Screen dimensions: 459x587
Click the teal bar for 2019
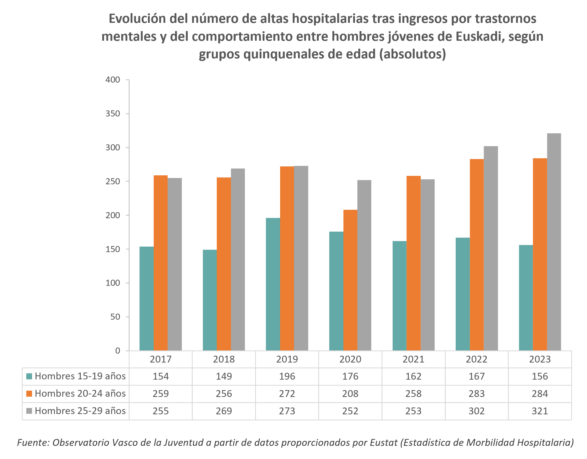point(273,284)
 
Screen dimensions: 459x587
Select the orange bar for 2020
point(350,280)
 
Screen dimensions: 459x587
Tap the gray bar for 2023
point(554,242)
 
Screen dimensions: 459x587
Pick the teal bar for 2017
point(146,298)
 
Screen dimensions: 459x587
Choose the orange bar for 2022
point(477,255)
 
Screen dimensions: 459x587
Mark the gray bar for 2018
point(238,259)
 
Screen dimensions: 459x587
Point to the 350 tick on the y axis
point(113,114)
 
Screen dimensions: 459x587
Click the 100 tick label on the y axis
point(113,283)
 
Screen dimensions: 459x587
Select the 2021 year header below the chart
point(413,359)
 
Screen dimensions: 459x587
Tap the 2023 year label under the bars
point(540,359)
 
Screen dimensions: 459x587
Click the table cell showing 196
point(287,376)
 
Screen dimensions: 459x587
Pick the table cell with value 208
point(350,394)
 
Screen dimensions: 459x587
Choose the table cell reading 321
point(540,411)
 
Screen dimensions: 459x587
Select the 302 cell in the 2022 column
point(477,411)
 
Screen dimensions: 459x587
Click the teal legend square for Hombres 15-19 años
point(29,376)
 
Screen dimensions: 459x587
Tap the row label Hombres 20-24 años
point(80,393)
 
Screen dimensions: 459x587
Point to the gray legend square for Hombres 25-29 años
point(29,411)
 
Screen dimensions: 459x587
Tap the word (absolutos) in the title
point(413,54)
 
